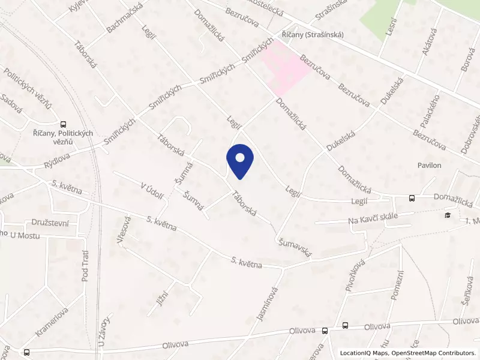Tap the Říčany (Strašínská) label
pos(313,35)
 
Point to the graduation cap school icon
pos(447,215)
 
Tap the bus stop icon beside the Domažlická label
pos(412,198)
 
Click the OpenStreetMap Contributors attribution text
pos(433,353)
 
